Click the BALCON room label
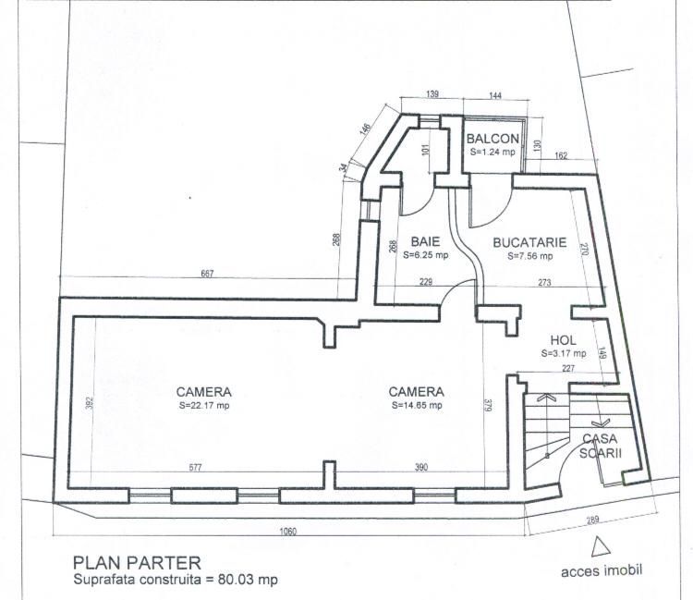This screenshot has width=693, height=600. tap(492, 139)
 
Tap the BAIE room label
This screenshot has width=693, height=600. tap(426, 241)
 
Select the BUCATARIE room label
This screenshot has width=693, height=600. tap(529, 242)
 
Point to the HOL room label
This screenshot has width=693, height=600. tap(563, 340)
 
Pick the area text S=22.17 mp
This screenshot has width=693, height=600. tap(204, 405)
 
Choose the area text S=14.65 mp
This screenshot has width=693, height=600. tap(417, 405)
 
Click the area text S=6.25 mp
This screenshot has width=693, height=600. tap(426, 255)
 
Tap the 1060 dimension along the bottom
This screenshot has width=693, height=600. tap(288, 531)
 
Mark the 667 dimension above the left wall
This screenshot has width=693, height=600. tap(207, 274)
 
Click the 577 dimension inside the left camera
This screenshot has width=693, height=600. tap(195, 468)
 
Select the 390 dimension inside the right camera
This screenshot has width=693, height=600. tap(421, 467)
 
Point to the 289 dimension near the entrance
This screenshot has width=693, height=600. tap(592, 520)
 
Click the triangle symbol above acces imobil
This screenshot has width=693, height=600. tap(601, 546)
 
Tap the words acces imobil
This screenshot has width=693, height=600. tap(602, 570)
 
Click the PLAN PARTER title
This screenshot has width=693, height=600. tap(137, 563)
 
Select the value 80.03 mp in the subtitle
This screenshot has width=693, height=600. tap(248, 580)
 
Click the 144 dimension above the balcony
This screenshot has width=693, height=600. tap(495, 95)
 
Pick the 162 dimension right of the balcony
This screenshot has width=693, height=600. tap(561, 155)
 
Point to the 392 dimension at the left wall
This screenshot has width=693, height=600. tap(90, 403)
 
